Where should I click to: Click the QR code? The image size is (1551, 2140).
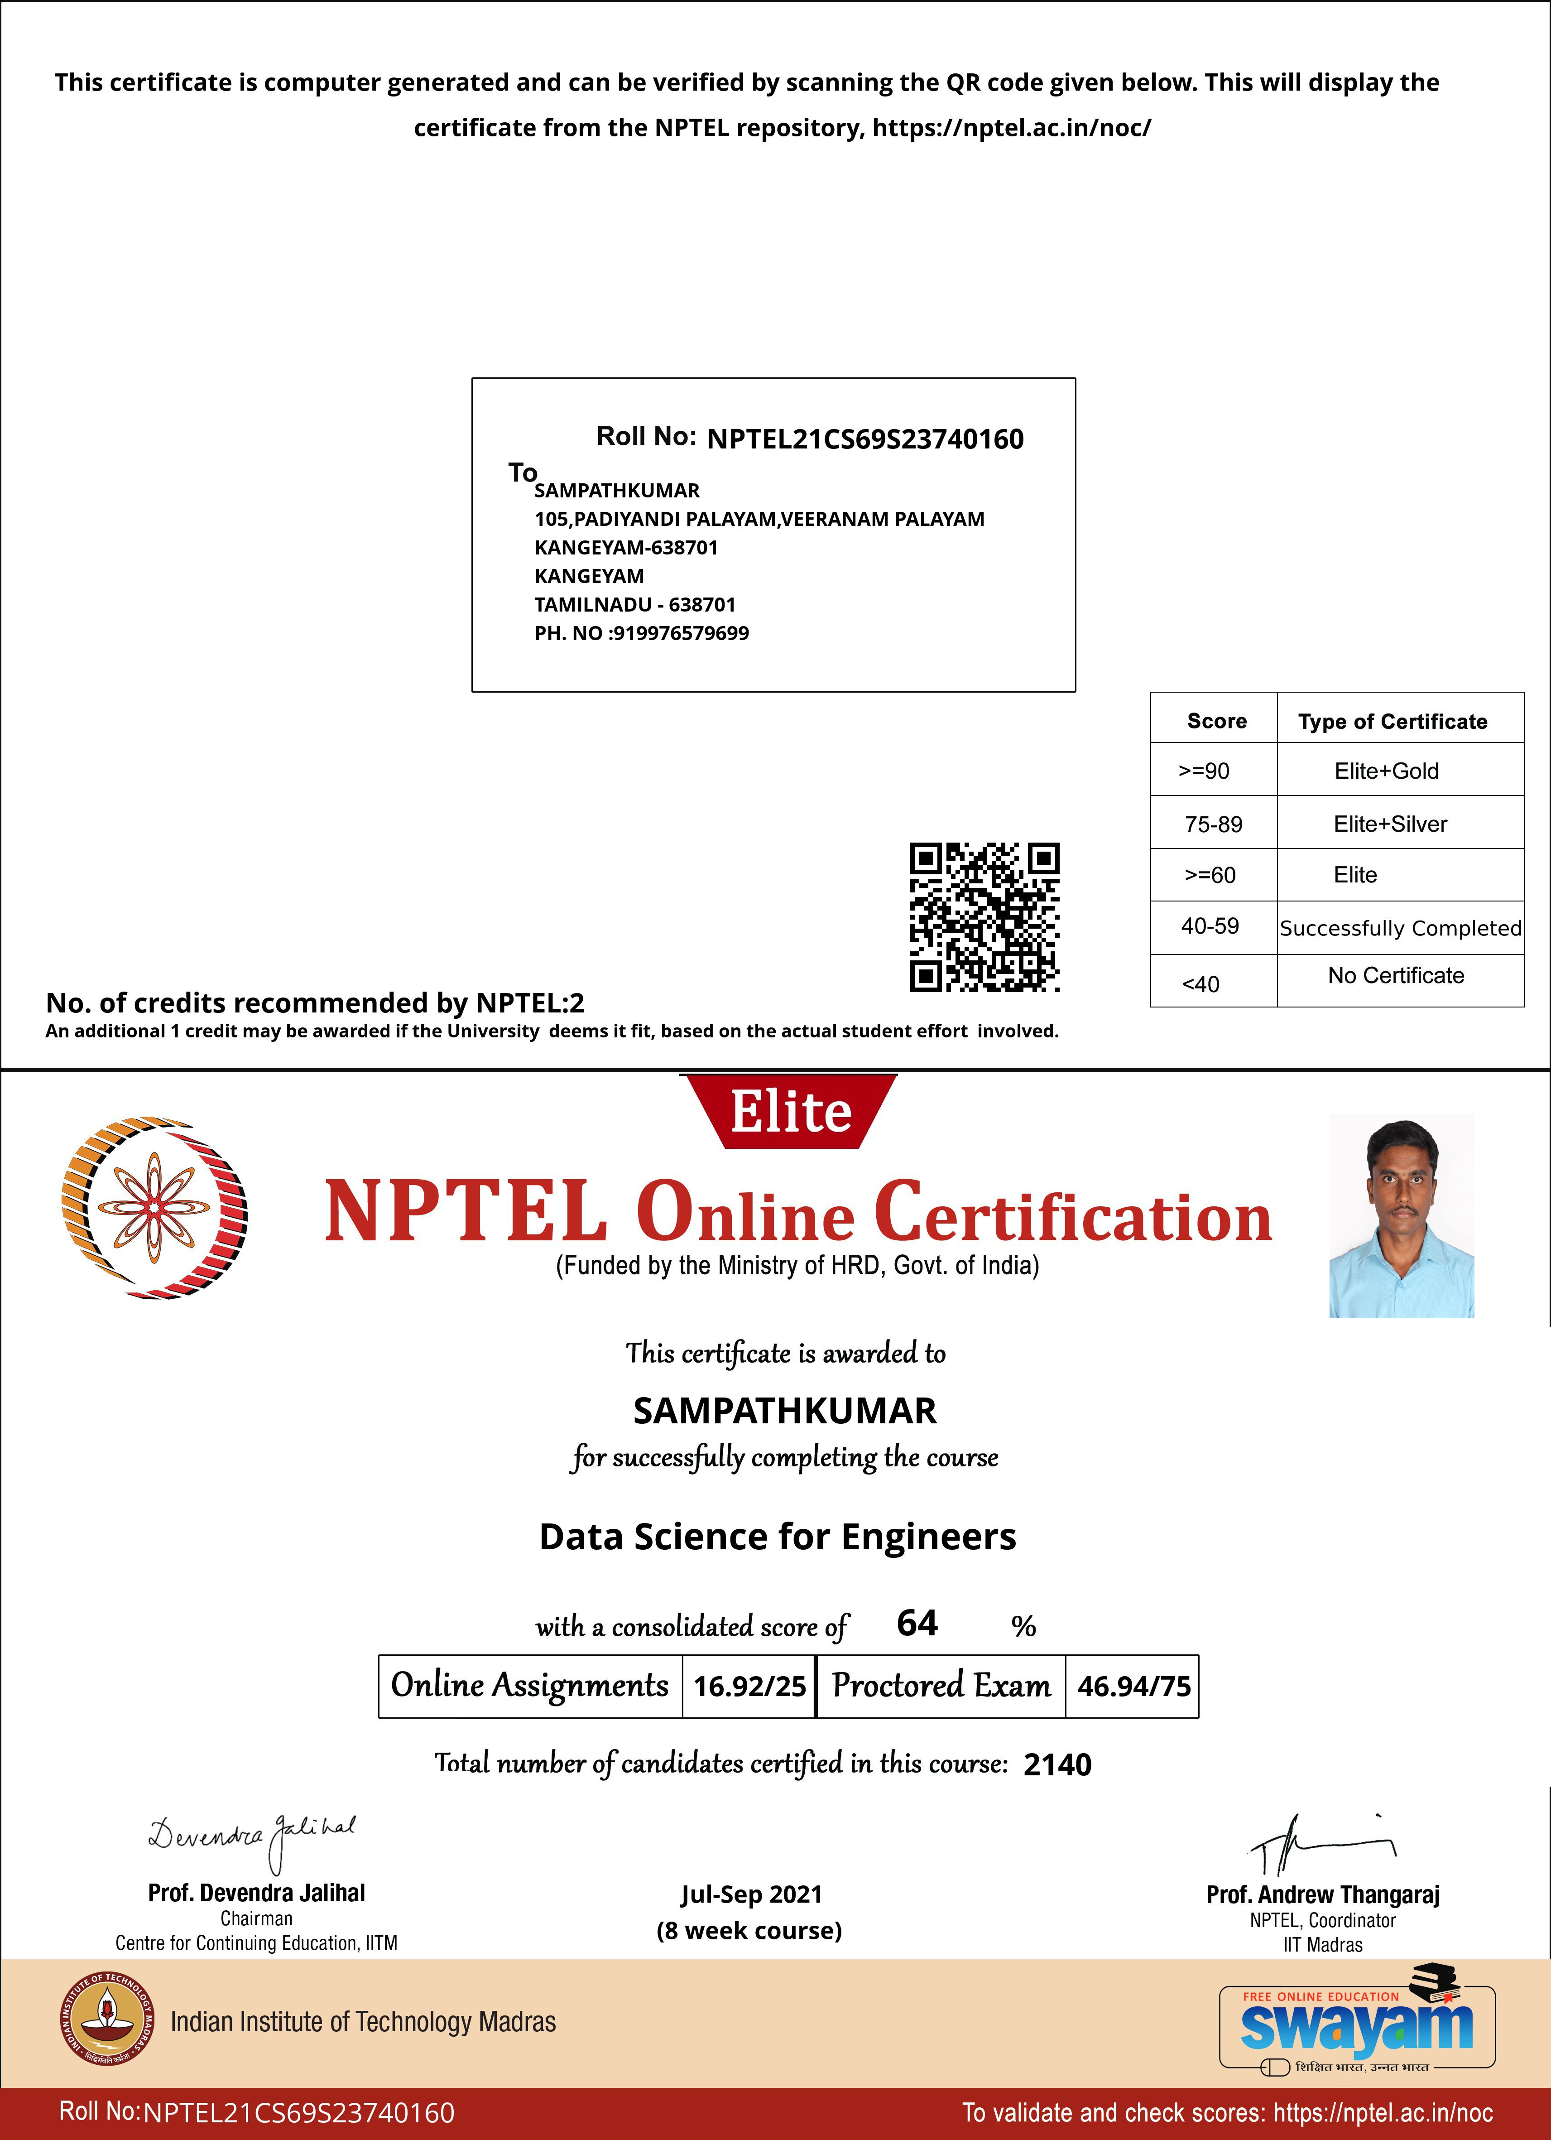[x=984, y=916]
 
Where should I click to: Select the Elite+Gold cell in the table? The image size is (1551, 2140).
[x=1386, y=771]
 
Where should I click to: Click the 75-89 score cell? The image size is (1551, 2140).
[x=1213, y=824]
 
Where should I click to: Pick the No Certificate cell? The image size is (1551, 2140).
[x=1395, y=976]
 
